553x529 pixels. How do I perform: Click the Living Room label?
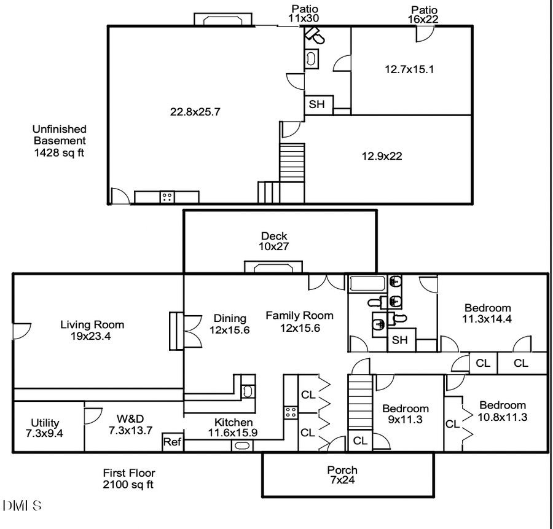pyautogui.click(x=92, y=330)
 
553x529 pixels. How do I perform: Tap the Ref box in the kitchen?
pyautogui.click(x=173, y=442)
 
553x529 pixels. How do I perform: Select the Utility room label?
pyautogui.click(x=45, y=428)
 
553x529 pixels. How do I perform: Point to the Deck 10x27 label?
pyautogui.click(x=274, y=241)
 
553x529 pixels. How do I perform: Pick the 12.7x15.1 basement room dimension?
pyautogui.click(x=409, y=69)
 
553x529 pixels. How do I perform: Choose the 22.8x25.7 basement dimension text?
pyautogui.click(x=195, y=112)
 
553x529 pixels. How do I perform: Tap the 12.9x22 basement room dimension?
pyautogui.click(x=382, y=156)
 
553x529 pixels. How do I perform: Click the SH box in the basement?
pyautogui.click(x=316, y=105)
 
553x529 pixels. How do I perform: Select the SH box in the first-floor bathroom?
pyautogui.click(x=400, y=340)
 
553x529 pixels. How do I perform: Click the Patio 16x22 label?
pyautogui.click(x=424, y=15)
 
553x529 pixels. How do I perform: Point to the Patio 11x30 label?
pyautogui.click(x=305, y=14)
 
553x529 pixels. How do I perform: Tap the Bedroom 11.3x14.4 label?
pyautogui.click(x=487, y=313)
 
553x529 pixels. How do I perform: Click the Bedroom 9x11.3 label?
pyautogui.click(x=406, y=414)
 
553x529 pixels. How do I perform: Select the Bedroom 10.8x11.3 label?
pyautogui.click(x=503, y=410)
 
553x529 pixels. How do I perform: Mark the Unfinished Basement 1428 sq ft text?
pyautogui.click(x=59, y=141)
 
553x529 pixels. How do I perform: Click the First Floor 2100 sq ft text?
pyautogui.click(x=128, y=479)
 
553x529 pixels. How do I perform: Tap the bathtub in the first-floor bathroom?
pyautogui.click(x=367, y=283)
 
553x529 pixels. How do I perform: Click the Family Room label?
pyautogui.click(x=299, y=321)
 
